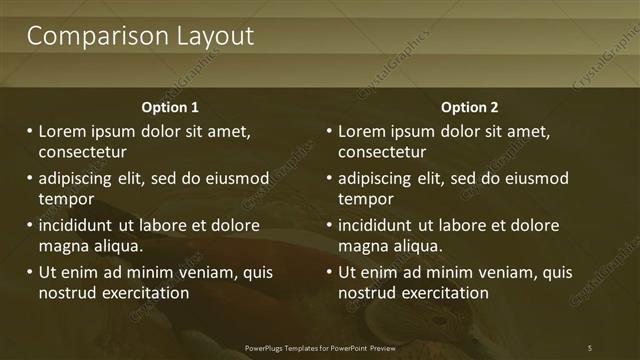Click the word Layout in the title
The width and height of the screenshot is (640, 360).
click(x=210, y=37)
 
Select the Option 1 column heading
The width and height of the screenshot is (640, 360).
click(x=170, y=107)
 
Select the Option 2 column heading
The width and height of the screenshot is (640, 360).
click(x=469, y=107)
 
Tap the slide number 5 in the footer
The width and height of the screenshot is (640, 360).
click(x=589, y=347)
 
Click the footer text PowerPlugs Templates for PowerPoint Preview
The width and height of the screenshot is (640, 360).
click(x=320, y=347)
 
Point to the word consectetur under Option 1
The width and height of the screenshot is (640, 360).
click(x=82, y=153)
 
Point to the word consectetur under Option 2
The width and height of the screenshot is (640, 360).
click(x=382, y=153)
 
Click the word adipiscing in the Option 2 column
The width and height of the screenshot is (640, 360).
click(x=378, y=178)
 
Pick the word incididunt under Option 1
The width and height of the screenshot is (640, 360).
click(x=78, y=225)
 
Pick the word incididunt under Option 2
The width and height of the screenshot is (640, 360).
click(x=378, y=225)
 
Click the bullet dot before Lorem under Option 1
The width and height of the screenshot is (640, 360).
click(x=29, y=131)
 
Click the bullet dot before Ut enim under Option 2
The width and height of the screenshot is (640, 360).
click(x=329, y=272)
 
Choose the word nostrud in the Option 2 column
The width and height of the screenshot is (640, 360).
click(x=366, y=293)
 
